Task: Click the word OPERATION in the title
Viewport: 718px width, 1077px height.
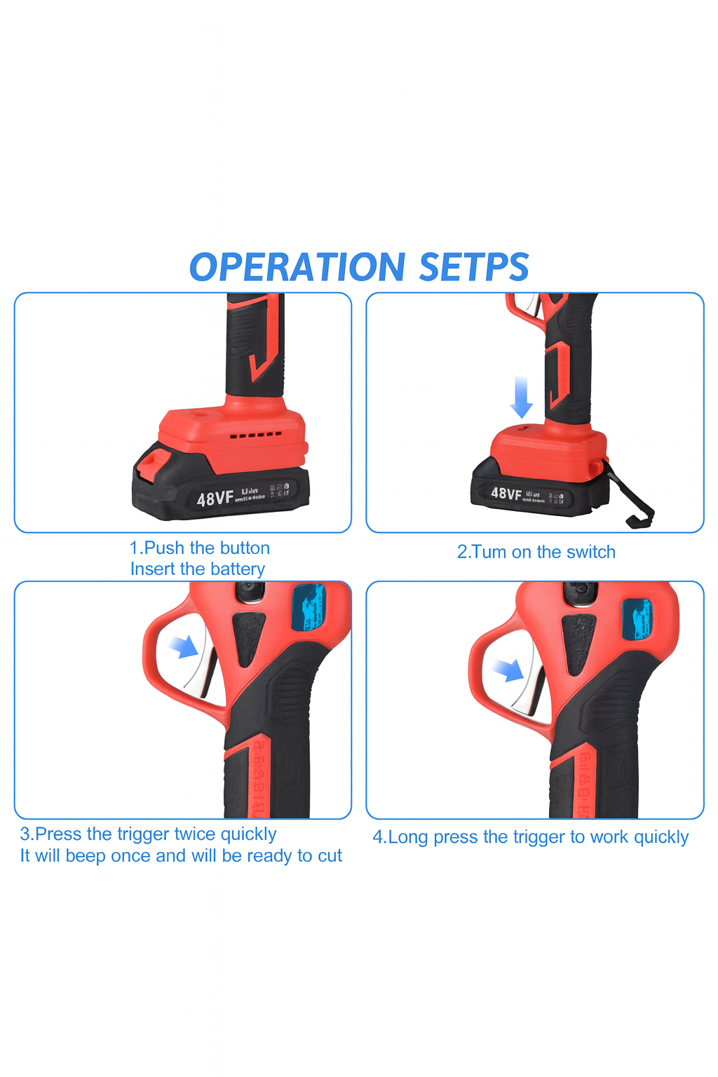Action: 297,267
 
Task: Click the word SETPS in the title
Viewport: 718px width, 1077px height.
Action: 474,267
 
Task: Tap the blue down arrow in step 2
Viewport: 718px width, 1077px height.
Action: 521,397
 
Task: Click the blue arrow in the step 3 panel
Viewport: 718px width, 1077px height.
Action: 184,646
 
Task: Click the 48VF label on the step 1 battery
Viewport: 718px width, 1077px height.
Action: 215,499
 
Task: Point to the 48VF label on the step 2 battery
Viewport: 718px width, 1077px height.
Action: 506,494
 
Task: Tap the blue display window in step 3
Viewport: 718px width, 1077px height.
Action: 309,607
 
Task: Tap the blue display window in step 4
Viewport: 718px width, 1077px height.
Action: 637,620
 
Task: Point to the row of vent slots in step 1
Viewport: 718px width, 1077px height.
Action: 256,435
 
